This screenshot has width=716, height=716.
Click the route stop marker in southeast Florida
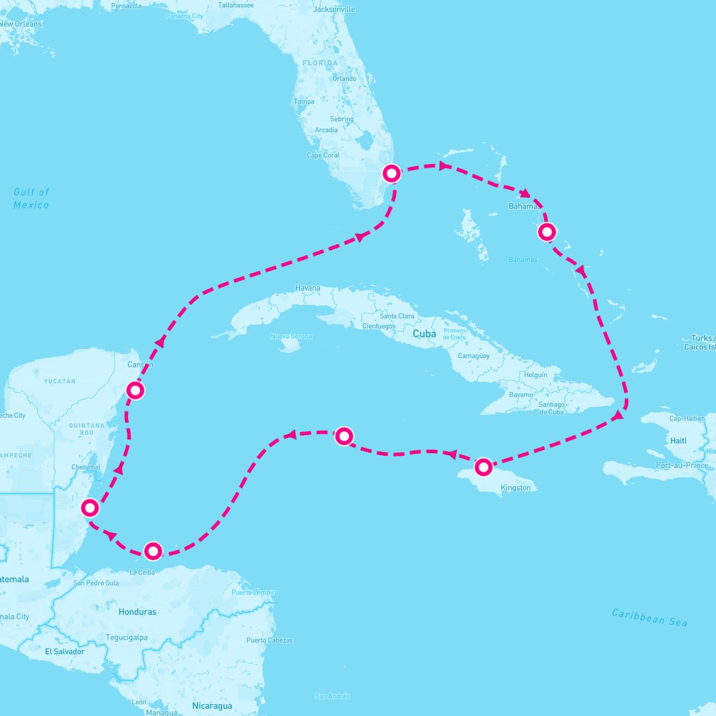coord(391,173)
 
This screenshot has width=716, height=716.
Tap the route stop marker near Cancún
coord(135,391)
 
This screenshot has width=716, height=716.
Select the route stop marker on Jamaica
coord(483,467)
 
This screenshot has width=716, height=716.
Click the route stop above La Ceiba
coord(153,551)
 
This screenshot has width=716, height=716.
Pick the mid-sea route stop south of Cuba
coord(344,436)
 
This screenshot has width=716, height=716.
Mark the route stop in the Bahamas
coord(547,232)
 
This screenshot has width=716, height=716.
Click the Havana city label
coord(308,288)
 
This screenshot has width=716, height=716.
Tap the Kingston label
coord(516,488)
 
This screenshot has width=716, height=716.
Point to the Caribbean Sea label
coord(649,618)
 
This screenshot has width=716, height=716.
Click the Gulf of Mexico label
coord(32,198)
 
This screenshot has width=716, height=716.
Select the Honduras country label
coord(137,612)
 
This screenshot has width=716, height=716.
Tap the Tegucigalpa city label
coord(126,637)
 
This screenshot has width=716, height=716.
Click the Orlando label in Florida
coord(344,79)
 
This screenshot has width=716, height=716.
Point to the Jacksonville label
coord(334,9)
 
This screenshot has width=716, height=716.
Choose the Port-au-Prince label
coord(681,465)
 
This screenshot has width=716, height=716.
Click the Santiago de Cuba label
coord(551,408)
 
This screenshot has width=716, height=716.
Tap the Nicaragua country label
coord(212,706)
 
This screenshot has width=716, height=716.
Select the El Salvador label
coord(64,652)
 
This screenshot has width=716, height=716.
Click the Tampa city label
coord(304,101)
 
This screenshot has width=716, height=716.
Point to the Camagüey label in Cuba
coord(474,356)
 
